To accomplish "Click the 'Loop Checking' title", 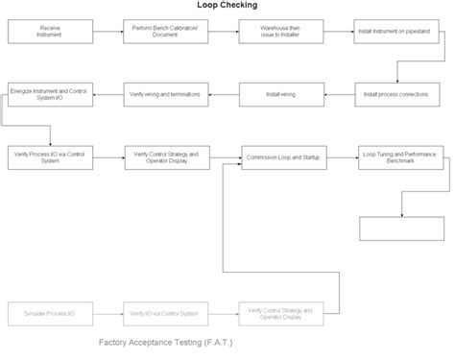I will click(228, 5).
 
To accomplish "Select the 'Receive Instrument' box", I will click(47, 32).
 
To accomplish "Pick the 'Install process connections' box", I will click(395, 94).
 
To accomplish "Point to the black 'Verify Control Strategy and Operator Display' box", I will click(162, 156).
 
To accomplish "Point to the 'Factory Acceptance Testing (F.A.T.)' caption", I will click(165, 342).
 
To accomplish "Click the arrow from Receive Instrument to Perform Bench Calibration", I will click(105, 32).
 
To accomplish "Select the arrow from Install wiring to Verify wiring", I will click(220, 94).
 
